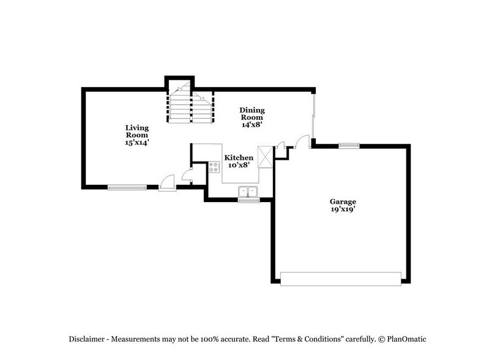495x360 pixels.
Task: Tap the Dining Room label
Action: click(251, 113)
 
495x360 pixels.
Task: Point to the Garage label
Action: click(343, 201)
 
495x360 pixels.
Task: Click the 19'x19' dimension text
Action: click(343, 209)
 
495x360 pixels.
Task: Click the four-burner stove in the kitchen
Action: click(214, 166)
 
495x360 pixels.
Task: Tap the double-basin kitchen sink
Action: click(249, 191)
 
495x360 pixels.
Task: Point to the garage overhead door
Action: click(343, 278)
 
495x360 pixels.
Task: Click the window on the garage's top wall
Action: click(349, 146)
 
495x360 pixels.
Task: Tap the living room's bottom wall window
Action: click(127, 187)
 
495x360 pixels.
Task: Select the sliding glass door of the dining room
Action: click(314, 116)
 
